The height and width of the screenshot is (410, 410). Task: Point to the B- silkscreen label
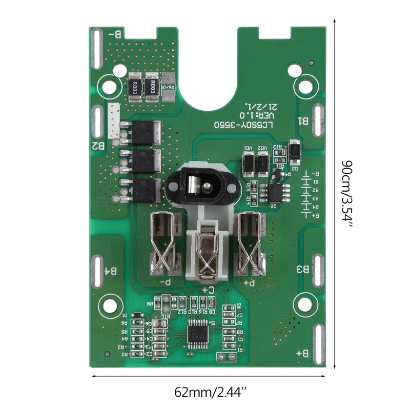[x=116, y=34]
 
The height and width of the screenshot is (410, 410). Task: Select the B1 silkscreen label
[x=303, y=121]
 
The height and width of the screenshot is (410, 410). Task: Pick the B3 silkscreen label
[x=303, y=269]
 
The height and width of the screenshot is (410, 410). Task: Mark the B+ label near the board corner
[x=302, y=354]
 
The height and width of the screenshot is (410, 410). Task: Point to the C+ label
[x=208, y=290]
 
